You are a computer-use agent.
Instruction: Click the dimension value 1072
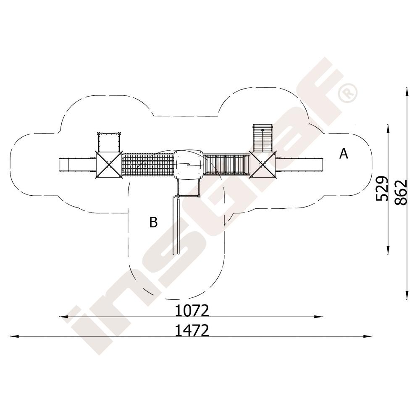(192, 311)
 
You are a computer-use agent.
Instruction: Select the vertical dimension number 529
(381, 188)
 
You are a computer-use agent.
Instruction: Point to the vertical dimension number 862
(401, 192)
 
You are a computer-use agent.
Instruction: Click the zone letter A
(344, 154)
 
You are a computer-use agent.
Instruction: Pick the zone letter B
(153, 222)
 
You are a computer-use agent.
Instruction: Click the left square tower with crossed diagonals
(108, 165)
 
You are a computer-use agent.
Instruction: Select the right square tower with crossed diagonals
(262, 164)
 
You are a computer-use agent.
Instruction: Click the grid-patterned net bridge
(148, 164)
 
